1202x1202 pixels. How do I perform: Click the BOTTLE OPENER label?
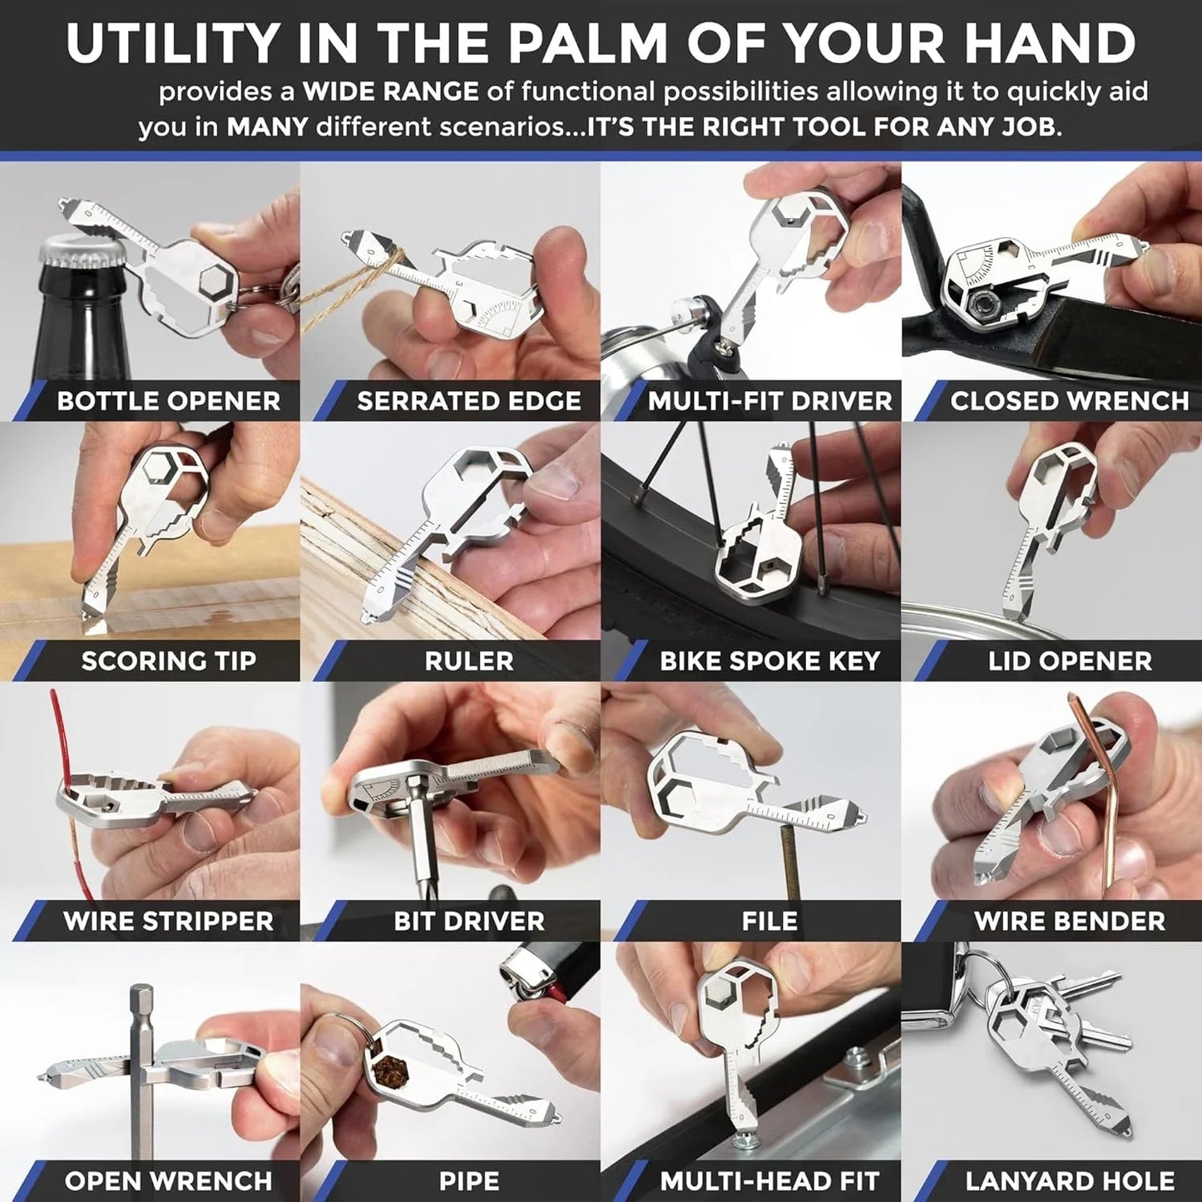(168, 401)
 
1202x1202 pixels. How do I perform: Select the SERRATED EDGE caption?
(468, 401)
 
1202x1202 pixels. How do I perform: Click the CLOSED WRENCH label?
(1069, 401)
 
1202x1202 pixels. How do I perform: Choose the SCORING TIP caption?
(168, 661)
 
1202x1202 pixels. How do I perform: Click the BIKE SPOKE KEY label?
(769, 661)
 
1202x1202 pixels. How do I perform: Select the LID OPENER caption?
(1070, 661)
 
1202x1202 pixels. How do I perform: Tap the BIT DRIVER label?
(469, 921)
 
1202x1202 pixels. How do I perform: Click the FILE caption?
(769, 921)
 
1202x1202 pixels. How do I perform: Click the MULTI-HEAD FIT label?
(769, 1181)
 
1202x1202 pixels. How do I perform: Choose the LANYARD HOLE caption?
(1070, 1181)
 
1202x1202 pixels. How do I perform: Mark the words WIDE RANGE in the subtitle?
(390, 92)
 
